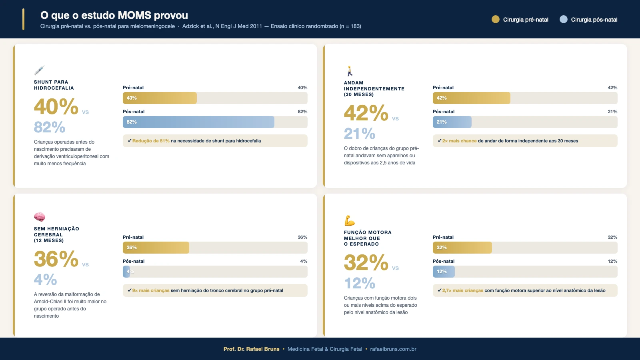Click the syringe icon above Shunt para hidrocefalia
(x=39, y=70)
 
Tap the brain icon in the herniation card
(x=40, y=217)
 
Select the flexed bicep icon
(x=350, y=220)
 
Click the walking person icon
(x=350, y=71)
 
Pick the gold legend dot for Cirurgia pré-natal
(x=496, y=19)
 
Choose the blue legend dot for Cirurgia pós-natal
(x=564, y=19)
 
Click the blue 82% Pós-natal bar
(x=198, y=122)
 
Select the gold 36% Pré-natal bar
(x=156, y=248)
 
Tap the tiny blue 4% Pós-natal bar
(x=126, y=272)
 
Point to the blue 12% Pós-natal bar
(x=444, y=272)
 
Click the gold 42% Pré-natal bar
(x=471, y=98)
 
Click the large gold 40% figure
(x=56, y=107)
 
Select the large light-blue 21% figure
(x=360, y=134)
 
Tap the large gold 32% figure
(x=366, y=263)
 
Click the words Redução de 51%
(x=151, y=141)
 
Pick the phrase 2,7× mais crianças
(x=462, y=290)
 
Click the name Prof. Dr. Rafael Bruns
(x=251, y=349)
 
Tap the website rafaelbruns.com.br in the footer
(x=393, y=349)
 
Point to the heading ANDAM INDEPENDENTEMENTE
(x=374, y=86)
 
